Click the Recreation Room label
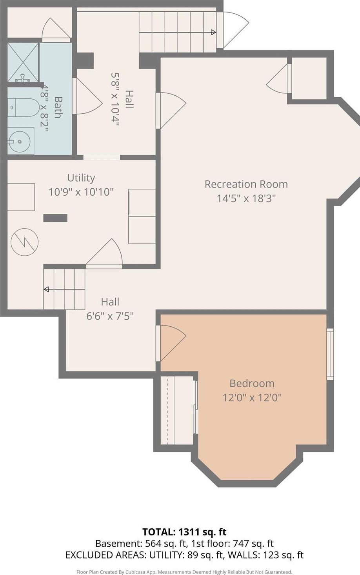point(246,184)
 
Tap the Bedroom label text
point(252,383)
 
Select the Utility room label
point(81,178)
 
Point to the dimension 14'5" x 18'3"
point(246,198)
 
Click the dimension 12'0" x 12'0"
point(252,397)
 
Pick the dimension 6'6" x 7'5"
point(110,315)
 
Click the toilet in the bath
point(24,107)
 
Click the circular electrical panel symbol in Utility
point(24,242)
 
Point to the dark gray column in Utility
point(55,218)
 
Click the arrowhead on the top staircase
point(213,32)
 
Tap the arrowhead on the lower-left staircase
point(46,289)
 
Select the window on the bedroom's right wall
point(330,354)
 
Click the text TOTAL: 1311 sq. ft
point(184,532)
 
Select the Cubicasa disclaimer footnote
point(184,572)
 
